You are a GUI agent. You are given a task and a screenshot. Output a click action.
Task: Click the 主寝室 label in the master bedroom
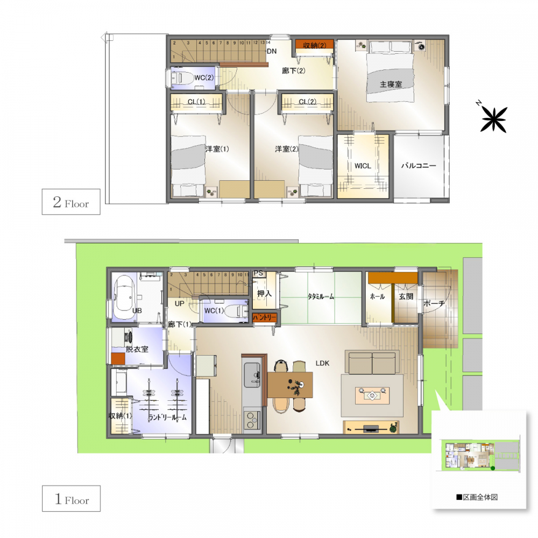(x=391, y=84)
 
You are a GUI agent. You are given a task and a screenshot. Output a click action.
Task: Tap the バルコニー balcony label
(x=419, y=166)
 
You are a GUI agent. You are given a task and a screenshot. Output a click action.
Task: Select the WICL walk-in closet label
(x=363, y=166)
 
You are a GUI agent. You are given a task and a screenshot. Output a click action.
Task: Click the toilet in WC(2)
(x=181, y=78)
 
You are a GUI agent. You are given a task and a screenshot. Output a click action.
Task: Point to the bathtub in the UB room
(x=125, y=298)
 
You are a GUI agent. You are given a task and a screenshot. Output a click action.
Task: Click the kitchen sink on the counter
(x=252, y=374)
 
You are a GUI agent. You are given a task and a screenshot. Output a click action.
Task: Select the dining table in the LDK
(x=290, y=385)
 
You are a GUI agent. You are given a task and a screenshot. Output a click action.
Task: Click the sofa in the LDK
(x=372, y=362)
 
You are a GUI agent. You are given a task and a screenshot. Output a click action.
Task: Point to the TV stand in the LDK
(x=371, y=427)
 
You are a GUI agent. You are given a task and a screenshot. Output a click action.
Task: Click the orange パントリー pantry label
(x=264, y=317)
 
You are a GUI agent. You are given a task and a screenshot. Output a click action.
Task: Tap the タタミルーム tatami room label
(x=321, y=296)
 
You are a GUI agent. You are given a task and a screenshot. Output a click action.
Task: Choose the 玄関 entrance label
(x=406, y=296)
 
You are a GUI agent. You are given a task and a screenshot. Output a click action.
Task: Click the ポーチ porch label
(x=434, y=303)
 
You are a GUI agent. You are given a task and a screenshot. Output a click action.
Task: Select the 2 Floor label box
(x=71, y=202)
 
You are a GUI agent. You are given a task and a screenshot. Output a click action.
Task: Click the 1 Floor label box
(x=72, y=499)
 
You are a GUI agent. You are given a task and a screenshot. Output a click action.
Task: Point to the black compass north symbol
(x=494, y=119)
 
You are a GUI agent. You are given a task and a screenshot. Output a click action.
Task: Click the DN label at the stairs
(x=271, y=52)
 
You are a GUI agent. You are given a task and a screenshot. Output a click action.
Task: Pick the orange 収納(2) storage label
(x=315, y=45)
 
